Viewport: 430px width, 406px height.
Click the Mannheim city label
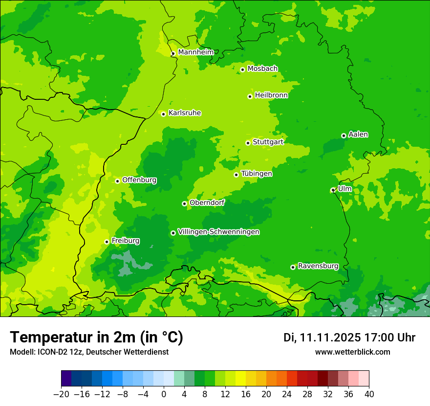pyautogui.click(x=195, y=52)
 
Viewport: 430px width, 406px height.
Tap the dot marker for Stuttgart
pyautogui.click(x=248, y=143)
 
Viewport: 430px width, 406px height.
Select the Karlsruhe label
pyautogui.click(x=184, y=113)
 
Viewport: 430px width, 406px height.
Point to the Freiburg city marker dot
pyautogui.click(x=107, y=242)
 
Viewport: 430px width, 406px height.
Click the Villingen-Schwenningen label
pyautogui.click(x=218, y=232)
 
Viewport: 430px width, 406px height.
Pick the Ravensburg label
pyautogui.click(x=318, y=266)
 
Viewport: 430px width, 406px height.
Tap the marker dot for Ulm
pyautogui.click(x=333, y=190)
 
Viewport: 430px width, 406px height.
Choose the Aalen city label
pyautogui.click(x=358, y=135)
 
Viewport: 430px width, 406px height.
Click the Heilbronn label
pyautogui.click(x=271, y=95)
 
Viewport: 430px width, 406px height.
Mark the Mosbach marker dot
pyautogui.click(x=242, y=69)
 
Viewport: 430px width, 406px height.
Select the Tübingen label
pyautogui.click(x=256, y=174)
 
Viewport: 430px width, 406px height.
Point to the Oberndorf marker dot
pyautogui.click(x=184, y=203)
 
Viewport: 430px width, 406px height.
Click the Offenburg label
pyautogui.click(x=139, y=180)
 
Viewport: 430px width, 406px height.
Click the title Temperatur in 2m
pyautogui.click(x=96, y=337)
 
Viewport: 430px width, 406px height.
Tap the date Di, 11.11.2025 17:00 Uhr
pyautogui.click(x=349, y=338)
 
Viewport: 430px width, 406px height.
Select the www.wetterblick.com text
pyautogui.click(x=352, y=352)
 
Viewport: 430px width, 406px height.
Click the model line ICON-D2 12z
pyautogui.click(x=89, y=352)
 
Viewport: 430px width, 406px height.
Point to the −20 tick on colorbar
pyautogui.click(x=61, y=394)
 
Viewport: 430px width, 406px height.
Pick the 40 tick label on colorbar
pyautogui.click(x=369, y=394)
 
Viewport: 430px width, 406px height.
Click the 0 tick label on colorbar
pyautogui.click(x=164, y=394)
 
